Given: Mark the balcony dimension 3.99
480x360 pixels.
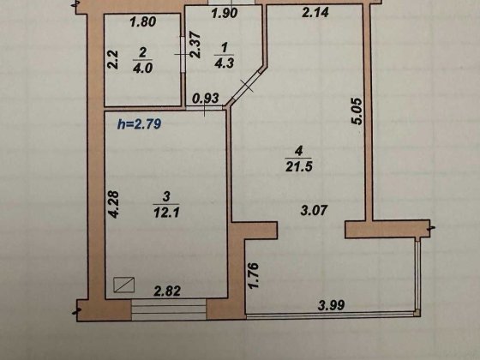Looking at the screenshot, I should coord(333,303).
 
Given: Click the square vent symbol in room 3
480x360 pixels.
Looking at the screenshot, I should coord(126,285).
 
